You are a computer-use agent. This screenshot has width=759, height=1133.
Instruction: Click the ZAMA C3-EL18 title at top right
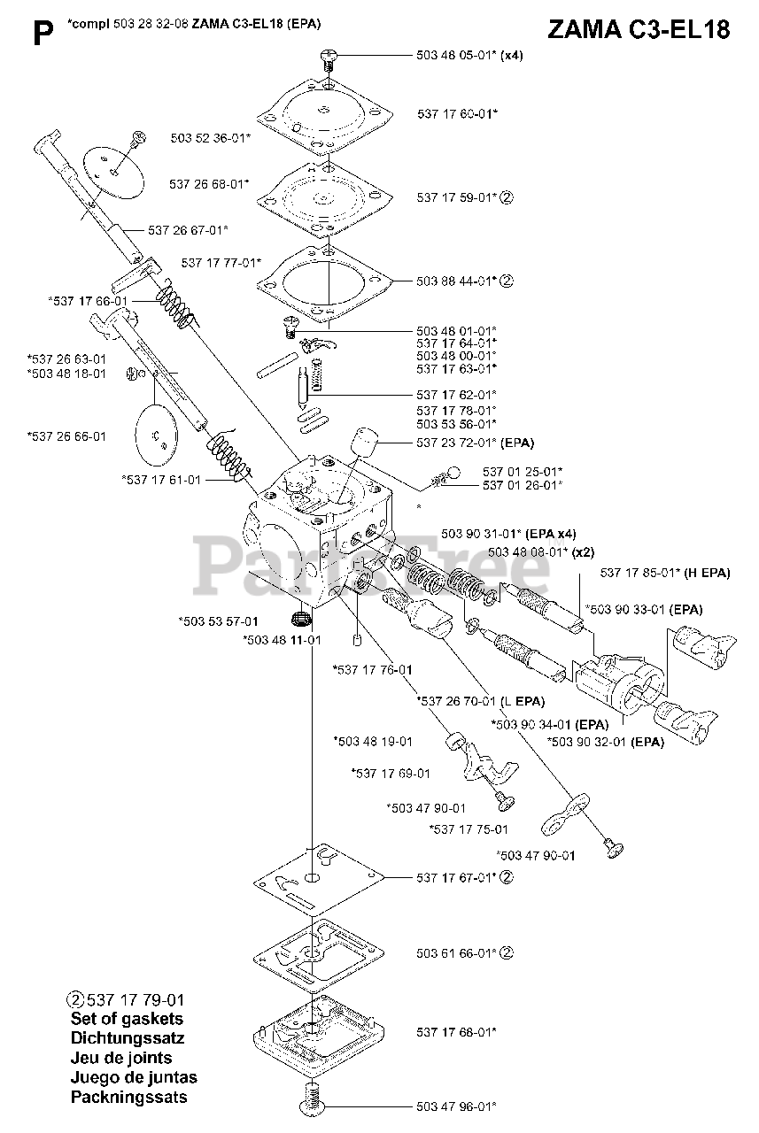639,29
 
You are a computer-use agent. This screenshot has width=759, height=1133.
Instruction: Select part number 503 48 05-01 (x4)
469,55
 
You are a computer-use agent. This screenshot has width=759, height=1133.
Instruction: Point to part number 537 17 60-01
456,113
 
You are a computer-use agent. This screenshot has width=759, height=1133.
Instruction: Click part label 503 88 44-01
456,281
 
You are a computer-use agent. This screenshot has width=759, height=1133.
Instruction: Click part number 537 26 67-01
189,230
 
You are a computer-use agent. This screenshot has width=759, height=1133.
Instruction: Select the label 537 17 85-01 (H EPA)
665,573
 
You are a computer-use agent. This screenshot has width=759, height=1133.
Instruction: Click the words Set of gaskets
127,1019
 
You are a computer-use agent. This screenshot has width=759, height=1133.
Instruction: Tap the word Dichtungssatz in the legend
127,1038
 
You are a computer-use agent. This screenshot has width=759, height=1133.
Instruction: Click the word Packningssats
128,1098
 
